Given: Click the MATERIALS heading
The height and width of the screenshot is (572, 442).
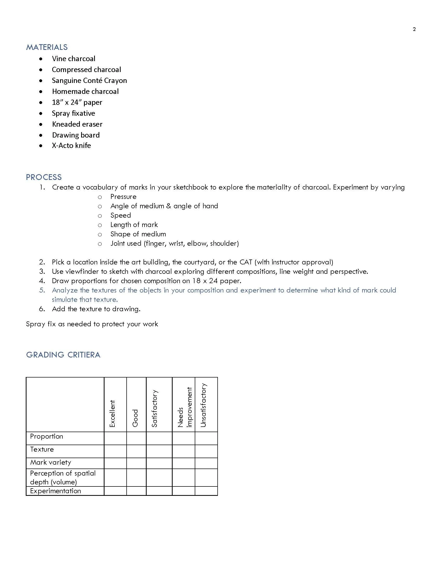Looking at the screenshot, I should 47,47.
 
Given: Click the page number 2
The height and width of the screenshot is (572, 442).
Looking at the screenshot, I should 414,29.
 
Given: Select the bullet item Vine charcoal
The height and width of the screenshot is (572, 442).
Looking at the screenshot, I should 73,59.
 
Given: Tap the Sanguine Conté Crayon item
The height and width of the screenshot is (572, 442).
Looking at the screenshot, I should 89,80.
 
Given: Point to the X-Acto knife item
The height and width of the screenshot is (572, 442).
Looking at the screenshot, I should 71,146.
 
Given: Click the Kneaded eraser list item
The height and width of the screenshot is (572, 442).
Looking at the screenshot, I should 77,124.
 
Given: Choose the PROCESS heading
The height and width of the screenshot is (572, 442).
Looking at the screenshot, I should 43,177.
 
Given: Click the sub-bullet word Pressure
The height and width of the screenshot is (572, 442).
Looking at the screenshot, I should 123,197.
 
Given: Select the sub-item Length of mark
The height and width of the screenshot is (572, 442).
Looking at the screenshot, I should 134,225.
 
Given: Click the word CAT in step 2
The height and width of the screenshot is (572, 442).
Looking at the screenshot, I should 246,262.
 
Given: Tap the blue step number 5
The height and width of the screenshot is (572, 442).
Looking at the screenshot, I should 42,290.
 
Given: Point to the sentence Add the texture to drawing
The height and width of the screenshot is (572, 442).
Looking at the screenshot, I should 96,309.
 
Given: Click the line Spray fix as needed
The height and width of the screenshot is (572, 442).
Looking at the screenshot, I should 92,324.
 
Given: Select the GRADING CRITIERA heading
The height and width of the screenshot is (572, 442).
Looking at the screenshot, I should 63,355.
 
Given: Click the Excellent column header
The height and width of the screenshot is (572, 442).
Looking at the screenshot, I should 112,414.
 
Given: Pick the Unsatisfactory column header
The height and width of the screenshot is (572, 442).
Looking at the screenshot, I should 204,405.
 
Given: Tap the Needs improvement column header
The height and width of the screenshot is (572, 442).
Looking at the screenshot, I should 184,407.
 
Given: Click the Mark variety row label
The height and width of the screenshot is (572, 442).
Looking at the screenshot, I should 50,462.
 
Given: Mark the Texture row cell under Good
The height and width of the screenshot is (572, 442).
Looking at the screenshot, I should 136,451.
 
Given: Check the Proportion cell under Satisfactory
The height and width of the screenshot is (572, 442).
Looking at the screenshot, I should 159,438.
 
